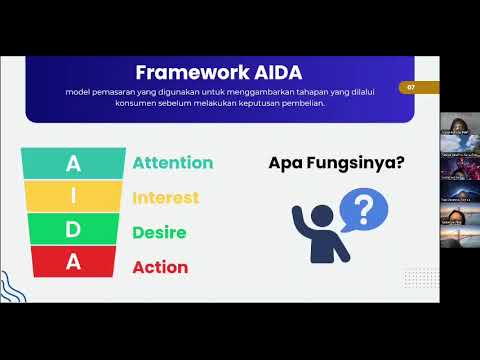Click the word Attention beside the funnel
[x=173, y=162]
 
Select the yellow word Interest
[x=166, y=197]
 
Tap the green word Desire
[x=160, y=232]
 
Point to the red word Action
[x=159, y=267]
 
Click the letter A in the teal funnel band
[x=72, y=162]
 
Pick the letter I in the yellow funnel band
[x=72, y=196]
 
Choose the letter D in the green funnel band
[x=72, y=230]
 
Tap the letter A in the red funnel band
[x=72, y=263]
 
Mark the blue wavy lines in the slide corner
[x=13, y=286]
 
